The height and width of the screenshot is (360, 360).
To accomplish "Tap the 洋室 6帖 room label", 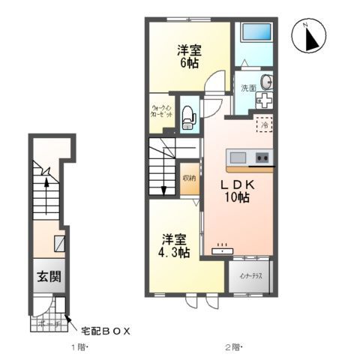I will click(187, 57).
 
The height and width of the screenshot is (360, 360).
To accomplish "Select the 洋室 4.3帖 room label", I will click(175, 247).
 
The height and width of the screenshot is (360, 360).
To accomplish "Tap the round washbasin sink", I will click(268, 82).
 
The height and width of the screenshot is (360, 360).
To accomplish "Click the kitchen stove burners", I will click(262, 157).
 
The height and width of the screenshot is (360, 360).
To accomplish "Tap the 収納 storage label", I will click(188, 178).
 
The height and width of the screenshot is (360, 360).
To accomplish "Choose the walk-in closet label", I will click(163, 112).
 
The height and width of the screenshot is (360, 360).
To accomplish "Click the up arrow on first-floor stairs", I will click(46, 183).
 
